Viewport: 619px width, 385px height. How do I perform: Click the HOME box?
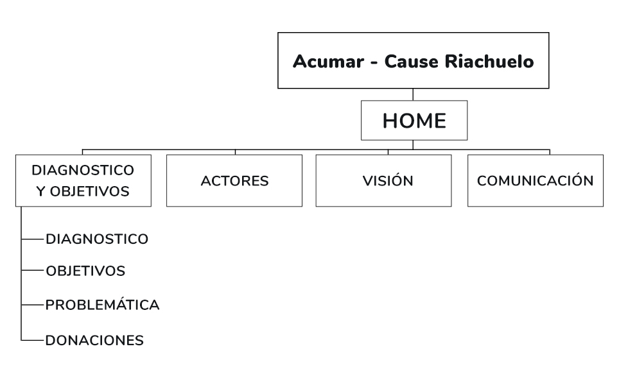pos(414,121)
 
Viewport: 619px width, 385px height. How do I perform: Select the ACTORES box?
pos(234,180)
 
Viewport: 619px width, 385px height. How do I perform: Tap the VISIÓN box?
pos(388,180)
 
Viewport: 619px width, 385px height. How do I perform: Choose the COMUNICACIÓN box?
pos(535,180)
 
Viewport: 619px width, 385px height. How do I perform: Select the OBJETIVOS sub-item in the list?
pos(85,271)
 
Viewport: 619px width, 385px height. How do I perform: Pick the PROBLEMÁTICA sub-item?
pos(102,305)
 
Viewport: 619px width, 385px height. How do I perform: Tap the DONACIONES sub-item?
pos(94,340)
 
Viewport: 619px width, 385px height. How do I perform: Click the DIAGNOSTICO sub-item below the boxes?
pos(97,239)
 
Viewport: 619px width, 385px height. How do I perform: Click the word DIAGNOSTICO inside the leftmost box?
pos(83,170)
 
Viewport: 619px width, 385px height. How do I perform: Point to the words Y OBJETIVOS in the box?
pos(83,191)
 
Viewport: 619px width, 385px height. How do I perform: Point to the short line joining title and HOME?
pos(413,95)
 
